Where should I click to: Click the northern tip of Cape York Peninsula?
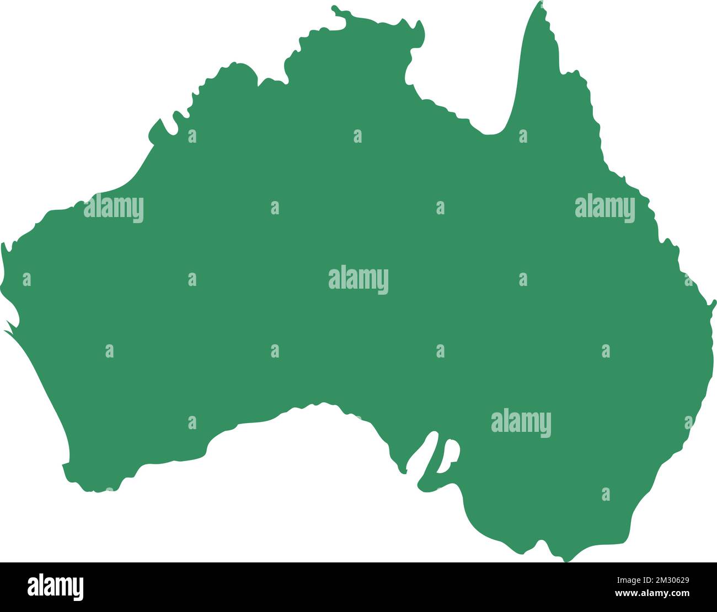539,4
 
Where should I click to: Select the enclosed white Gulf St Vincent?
448,455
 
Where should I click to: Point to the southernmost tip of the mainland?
567,560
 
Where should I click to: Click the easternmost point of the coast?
714,302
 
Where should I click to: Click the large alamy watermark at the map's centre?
358,280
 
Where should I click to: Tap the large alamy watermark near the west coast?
114,208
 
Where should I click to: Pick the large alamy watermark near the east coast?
604,208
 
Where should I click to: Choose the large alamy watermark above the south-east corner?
521,423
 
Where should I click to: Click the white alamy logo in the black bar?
56,587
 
